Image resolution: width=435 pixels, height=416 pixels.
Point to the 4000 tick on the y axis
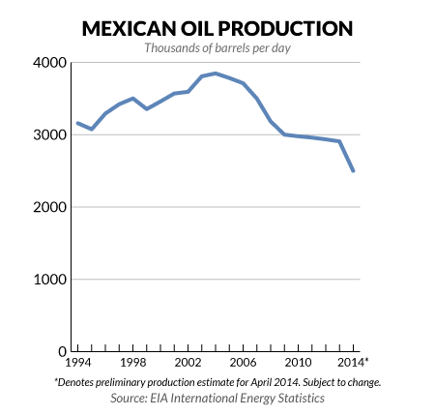click(48, 63)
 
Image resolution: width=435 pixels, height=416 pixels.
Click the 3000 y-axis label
click(48, 135)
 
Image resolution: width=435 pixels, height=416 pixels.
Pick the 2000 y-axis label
click(48, 208)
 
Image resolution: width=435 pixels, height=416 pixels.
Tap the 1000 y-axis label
click(48, 281)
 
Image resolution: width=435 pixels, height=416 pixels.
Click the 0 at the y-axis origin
click(60, 352)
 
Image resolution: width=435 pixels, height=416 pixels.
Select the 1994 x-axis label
click(76, 365)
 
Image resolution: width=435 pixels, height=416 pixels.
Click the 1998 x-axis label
click(132, 365)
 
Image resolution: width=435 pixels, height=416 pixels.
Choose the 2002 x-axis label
click(188, 365)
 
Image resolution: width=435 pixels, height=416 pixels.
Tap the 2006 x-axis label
click(243, 365)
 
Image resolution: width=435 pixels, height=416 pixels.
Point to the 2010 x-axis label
click(299, 365)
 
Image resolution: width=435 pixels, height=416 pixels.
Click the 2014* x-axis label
click(356, 365)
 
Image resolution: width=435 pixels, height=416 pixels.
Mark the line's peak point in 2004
click(216, 74)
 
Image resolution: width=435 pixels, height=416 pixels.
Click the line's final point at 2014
click(354, 171)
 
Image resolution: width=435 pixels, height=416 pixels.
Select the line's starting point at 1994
click(76, 123)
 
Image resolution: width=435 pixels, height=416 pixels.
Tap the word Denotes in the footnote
click(83, 382)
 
